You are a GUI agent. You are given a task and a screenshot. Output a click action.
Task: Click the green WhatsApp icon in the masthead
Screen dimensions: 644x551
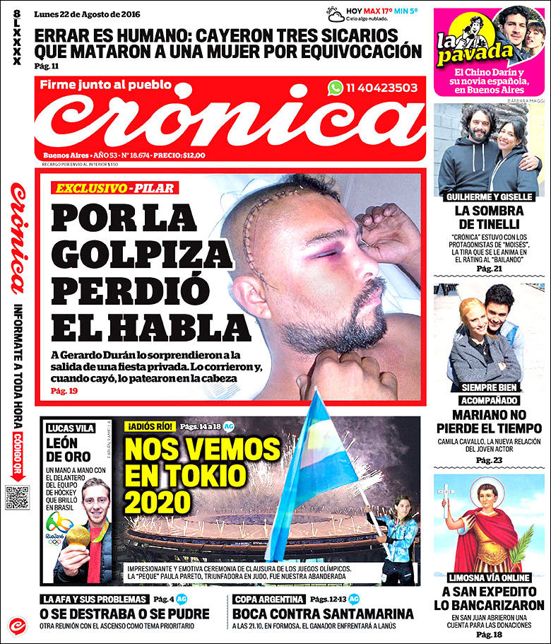pos(335,88)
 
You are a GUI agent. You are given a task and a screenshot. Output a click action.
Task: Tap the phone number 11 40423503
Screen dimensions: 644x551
pos(381,88)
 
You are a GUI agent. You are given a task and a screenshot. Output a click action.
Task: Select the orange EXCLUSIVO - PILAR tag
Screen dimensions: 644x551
pos(114,189)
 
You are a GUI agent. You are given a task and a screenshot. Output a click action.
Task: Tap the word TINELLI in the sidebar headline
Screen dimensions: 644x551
pos(489,225)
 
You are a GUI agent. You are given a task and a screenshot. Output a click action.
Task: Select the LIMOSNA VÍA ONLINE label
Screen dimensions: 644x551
pos(489,576)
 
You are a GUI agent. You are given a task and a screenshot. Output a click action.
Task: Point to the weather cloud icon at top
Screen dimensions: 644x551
pos(335,13)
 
